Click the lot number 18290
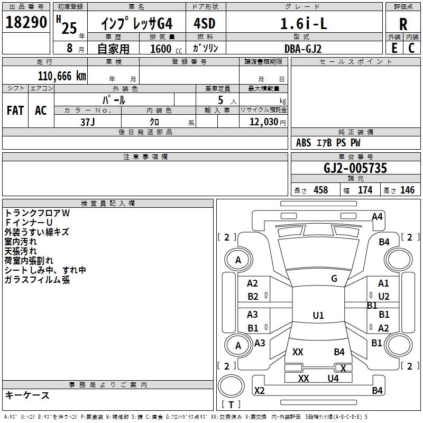[x=26, y=22]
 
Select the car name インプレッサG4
[x=137, y=24]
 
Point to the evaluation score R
[x=403, y=24]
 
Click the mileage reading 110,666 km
[x=62, y=76]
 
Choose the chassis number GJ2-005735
[x=355, y=168]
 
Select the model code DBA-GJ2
[x=303, y=49]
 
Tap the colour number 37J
[x=88, y=122]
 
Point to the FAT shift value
[x=15, y=111]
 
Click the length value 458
[x=320, y=190]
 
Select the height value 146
[x=407, y=190]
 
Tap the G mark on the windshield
[x=334, y=279]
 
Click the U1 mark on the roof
[x=318, y=316]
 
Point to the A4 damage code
[x=377, y=216]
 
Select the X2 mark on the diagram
[x=259, y=391]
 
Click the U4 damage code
[x=333, y=378]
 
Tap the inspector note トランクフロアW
[x=37, y=213]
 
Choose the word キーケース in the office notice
[x=27, y=396]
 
